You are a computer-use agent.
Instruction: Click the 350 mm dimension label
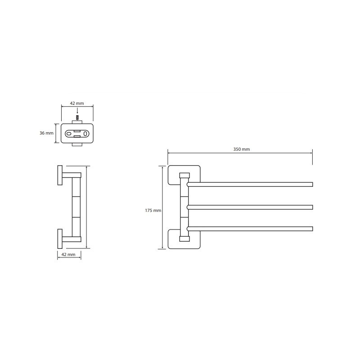pos(242,149)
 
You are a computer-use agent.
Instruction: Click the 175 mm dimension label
pos(153,210)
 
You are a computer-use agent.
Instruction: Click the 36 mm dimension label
pos(46,133)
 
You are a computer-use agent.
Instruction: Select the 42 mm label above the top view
pos(77,103)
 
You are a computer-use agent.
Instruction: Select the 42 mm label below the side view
pos(68,255)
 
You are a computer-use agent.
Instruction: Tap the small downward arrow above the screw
pos(77,111)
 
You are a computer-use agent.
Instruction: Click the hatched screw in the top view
pos(77,118)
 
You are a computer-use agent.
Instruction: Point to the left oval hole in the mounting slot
pos(69,134)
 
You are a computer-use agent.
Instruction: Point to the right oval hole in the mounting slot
pos(85,134)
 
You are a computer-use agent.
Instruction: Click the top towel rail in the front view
pos(250,184)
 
